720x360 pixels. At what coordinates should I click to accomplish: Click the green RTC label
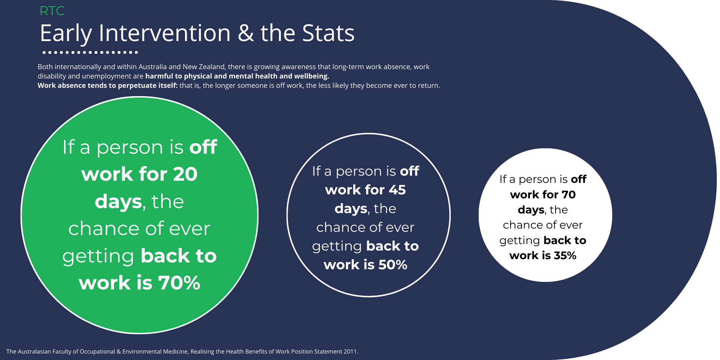(x=52, y=11)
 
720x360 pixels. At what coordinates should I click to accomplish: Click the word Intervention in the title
(x=165, y=33)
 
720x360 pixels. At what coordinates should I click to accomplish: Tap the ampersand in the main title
(x=246, y=33)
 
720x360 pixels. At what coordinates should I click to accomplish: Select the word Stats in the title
(x=328, y=33)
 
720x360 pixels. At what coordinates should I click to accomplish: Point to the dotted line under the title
(x=90, y=53)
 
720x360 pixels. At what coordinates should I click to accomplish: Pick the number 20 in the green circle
(x=185, y=174)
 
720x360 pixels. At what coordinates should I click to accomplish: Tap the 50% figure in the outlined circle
(x=393, y=265)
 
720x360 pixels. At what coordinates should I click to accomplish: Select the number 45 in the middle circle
(x=397, y=190)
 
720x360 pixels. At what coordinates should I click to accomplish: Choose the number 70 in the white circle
(x=569, y=195)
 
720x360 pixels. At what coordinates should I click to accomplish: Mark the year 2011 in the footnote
(x=350, y=352)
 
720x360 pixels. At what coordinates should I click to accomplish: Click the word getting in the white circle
(x=520, y=241)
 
